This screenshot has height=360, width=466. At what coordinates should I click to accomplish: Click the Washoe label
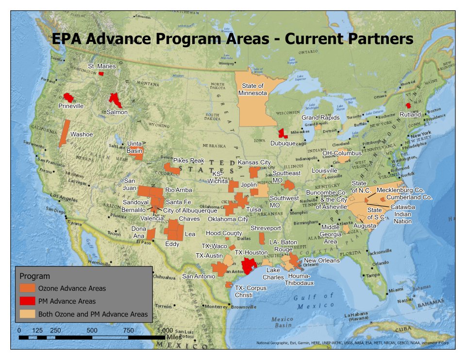tap(82, 134)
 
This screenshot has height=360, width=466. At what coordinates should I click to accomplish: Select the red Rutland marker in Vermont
tap(408, 105)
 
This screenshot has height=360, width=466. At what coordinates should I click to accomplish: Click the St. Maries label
tap(101, 66)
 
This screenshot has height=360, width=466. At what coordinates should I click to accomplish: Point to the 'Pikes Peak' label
tap(189, 161)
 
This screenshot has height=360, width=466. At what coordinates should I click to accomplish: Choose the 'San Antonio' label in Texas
tap(199, 277)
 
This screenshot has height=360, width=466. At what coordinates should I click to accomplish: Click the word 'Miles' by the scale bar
tap(174, 336)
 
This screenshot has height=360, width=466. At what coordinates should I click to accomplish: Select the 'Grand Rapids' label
tap(317, 117)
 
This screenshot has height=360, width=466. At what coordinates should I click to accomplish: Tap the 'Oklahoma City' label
tap(228, 219)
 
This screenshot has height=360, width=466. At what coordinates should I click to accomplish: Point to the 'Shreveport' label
tap(266, 228)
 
